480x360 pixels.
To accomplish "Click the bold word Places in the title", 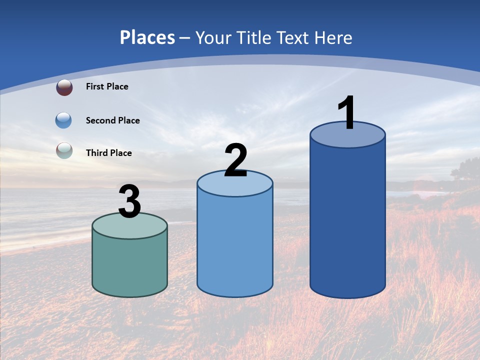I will pyautogui.click(x=147, y=37).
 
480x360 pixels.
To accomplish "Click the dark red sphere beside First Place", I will pyautogui.click(x=64, y=87).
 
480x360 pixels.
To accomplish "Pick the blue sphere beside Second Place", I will pyautogui.click(x=63, y=120).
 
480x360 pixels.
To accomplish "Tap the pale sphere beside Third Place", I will pyautogui.click(x=64, y=150).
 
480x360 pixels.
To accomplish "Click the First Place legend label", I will pyautogui.click(x=107, y=86).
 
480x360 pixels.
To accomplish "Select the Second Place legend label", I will pyautogui.click(x=112, y=120).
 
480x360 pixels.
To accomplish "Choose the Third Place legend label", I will pyautogui.click(x=108, y=153).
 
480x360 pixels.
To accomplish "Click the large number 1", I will pyautogui.click(x=346, y=113).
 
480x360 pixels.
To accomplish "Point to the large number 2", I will pyautogui.click(x=235, y=160).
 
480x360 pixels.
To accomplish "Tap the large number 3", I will pyautogui.click(x=129, y=201).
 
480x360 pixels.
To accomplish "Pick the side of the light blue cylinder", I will pyautogui.click(x=235, y=245).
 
